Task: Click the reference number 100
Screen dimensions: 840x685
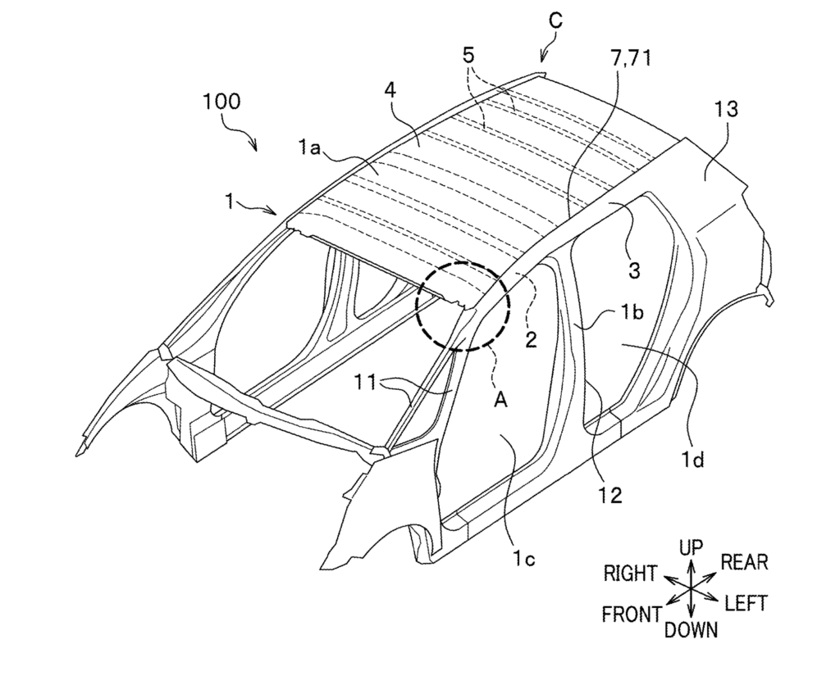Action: click(x=221, y=102)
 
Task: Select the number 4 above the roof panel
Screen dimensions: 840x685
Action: click(x=390, y=91)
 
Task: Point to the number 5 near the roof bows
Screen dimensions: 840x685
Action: click(x=469, y=56)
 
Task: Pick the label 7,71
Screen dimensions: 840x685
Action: click(x=631, y=57)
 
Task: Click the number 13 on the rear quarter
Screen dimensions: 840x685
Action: click(x=726, y=109)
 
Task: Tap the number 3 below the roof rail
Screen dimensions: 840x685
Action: click(x=634, y=270)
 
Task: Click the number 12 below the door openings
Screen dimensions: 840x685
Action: click(x=610, y=496)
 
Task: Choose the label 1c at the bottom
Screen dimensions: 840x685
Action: click(x=523, y=559)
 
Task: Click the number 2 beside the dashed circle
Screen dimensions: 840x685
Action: click(x=531, y=339)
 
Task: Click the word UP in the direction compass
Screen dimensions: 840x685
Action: click(x=691, y=547)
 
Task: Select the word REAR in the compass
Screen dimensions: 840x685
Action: click(x=745, y=562)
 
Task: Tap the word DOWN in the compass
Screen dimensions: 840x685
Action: click(x=691, y=630)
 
